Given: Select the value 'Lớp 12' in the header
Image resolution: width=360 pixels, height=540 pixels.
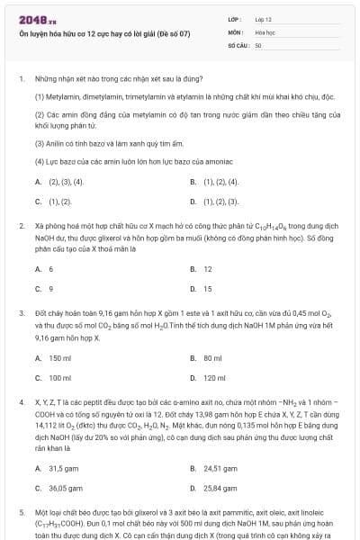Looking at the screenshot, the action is [x=264, y=18].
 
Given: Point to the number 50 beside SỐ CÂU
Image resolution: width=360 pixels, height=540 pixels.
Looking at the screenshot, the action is [x=258, y=44].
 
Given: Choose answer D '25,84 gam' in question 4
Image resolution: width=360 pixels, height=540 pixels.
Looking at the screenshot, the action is [x=220, y=489].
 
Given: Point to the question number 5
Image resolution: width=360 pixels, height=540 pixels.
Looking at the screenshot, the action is [x=21, y=512].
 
